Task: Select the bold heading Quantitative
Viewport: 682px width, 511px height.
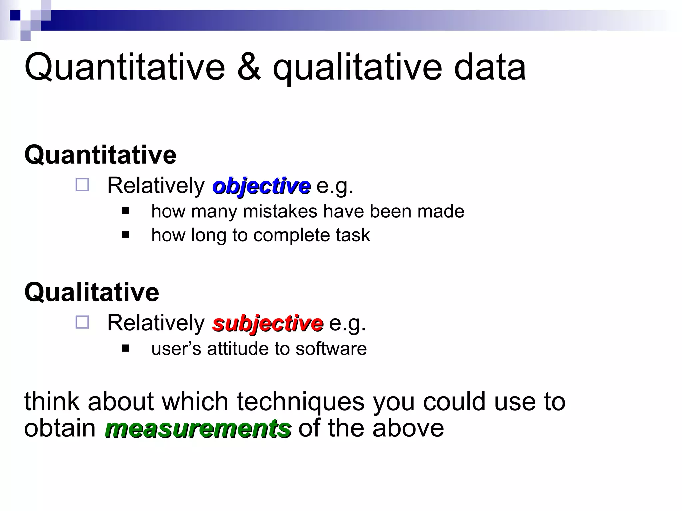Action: tap(101, 155)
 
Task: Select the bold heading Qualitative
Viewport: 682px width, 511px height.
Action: tap(92, 292)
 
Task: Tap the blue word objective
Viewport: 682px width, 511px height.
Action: tap(262, 186)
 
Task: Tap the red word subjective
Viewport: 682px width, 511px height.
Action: tap(268, 323)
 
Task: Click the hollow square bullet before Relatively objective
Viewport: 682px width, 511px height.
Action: tap(82, 185)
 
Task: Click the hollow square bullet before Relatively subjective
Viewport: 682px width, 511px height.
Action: tap(82, 322)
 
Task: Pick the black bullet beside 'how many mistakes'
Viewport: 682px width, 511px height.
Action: tap(126, 211)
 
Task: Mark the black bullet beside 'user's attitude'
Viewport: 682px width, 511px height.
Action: tap(126, 348)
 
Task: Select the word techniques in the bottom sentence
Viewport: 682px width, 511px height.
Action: tap(301, 402)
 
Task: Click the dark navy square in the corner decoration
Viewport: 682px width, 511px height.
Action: tap(15, 15)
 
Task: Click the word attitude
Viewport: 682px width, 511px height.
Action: tap(238, 349)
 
